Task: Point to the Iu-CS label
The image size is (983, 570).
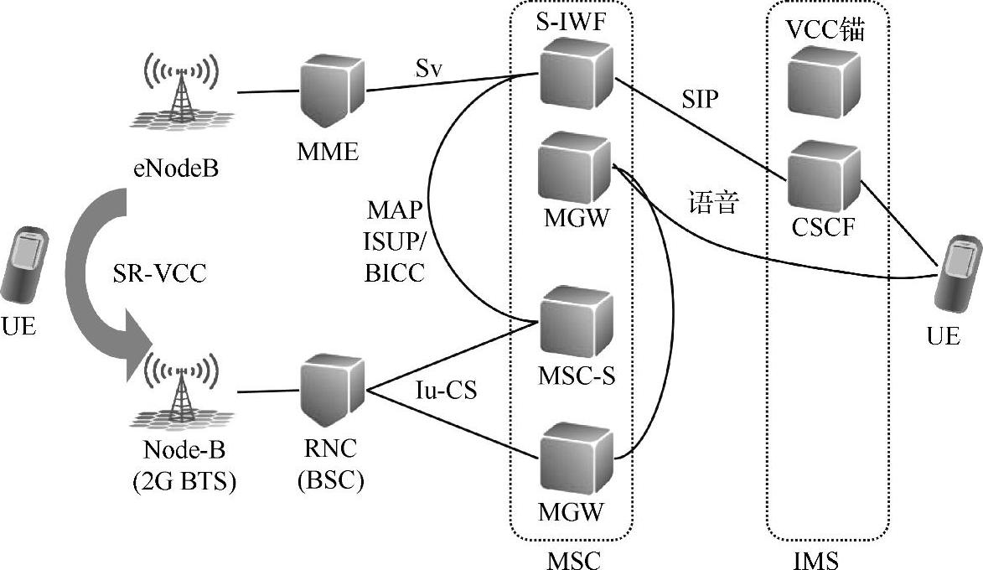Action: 445,391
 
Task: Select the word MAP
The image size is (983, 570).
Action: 396,207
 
